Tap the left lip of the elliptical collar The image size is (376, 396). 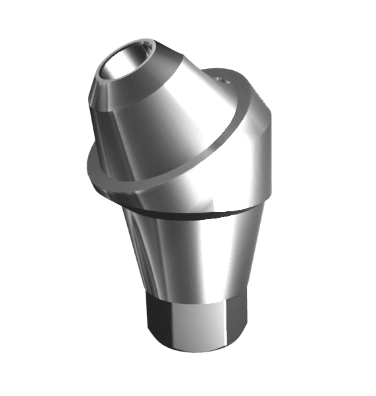(x=95, y=166)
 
